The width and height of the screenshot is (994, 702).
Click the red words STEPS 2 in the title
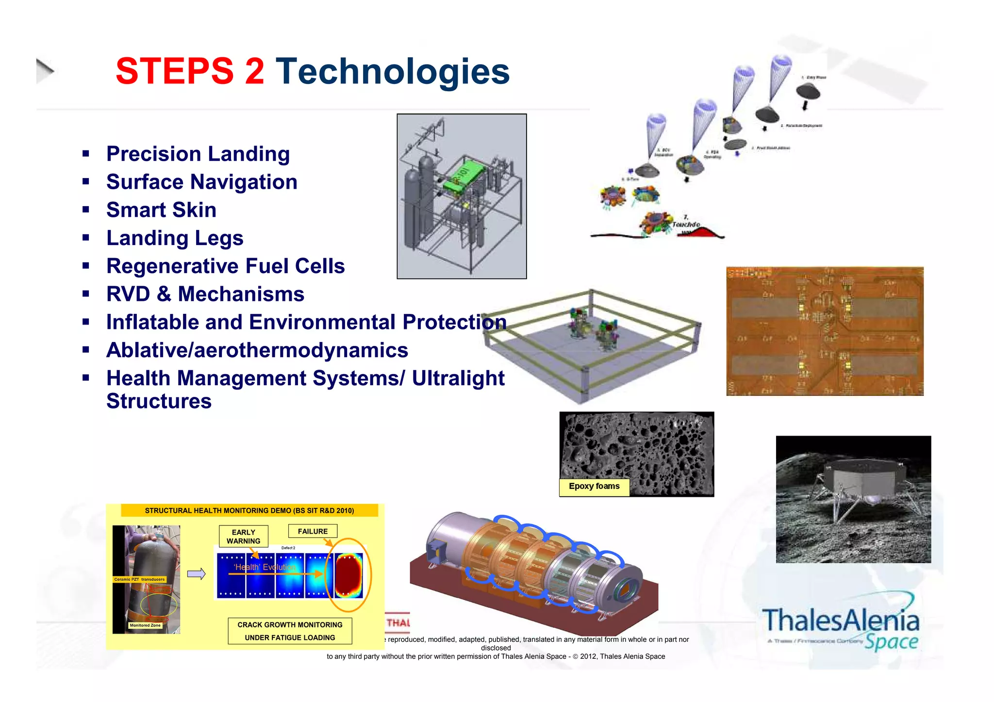coord(190,71)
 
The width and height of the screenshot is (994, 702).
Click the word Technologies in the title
coord(393,71)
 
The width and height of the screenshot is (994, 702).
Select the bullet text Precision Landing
coord(198,154)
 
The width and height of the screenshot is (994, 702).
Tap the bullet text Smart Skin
coord(161,210)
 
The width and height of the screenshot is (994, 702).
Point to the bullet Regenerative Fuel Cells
coord(225,266)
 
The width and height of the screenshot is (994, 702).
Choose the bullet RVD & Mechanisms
coord(205,294)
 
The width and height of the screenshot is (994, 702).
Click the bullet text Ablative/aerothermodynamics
coord(257,350)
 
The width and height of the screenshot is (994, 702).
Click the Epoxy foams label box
coord(594,487)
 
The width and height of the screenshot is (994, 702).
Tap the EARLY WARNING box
coord(243,537)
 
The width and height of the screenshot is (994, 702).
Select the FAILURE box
coord(313,531)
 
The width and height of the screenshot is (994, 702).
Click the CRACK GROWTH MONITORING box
coord(290,631)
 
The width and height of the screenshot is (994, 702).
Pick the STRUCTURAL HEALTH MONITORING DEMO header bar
coord(249,510)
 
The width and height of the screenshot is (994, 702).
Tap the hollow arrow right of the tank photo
coord(197,574)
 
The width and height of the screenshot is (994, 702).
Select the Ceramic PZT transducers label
coord(139,579)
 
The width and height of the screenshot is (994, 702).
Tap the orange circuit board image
coord(825,331)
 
